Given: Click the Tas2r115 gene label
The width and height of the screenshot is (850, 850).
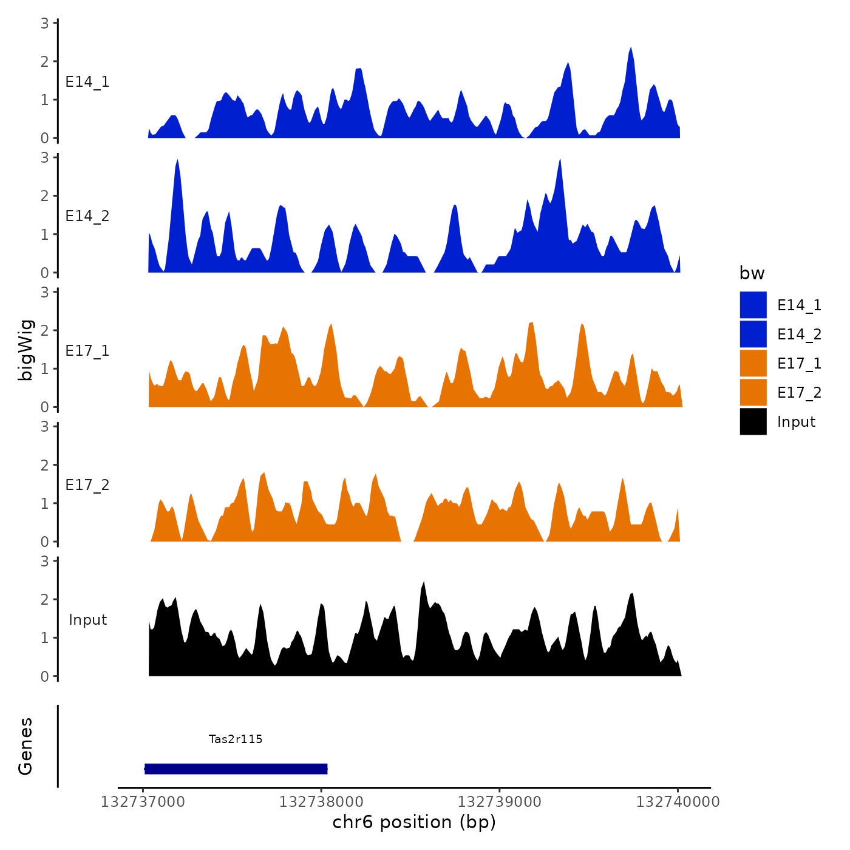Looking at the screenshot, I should pos(236,739).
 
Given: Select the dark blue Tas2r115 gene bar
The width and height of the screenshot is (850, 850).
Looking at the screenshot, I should pos(236,769).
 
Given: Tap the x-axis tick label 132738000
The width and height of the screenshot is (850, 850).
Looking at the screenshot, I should pos(321,802).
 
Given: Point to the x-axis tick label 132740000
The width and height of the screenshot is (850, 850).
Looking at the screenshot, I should pos(678,802).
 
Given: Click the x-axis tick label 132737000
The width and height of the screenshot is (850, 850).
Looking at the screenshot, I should pos(143,802).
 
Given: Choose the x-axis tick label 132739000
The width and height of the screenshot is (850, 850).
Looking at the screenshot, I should pos(499,802).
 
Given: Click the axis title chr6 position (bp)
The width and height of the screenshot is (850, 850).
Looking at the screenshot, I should pos(414,822).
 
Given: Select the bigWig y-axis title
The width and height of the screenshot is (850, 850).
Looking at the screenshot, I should pos(25,350).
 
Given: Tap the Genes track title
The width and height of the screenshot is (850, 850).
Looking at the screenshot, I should pos(25,746).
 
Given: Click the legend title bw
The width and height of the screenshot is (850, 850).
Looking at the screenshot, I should pos(752,273).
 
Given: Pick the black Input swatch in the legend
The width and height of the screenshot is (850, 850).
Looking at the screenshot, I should pos(753,421).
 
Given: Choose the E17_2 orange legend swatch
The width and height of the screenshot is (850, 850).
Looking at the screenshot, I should pos(753,392).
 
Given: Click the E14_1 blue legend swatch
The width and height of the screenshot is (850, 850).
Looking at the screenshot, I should pos(753,305).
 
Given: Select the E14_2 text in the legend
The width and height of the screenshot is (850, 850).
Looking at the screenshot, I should pos(799,335).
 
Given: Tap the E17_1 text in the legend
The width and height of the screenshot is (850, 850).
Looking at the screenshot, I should pos(799,364).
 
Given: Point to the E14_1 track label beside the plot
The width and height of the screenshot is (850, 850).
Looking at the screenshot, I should pos(87,82).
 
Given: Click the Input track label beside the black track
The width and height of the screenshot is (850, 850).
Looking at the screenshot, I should pos(87,620).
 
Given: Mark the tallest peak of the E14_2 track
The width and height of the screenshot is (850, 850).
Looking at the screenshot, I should pos(177,161).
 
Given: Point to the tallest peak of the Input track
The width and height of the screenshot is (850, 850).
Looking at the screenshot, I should pos(423,583).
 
